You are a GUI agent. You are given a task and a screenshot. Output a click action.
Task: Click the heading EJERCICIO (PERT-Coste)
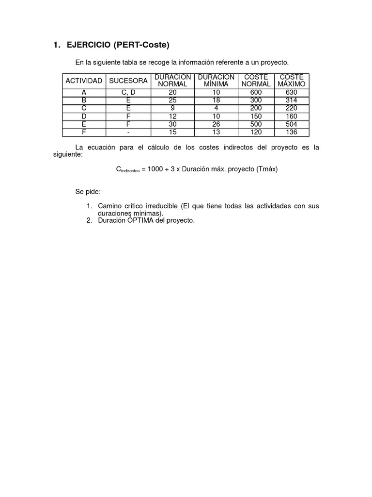tap(118, 46)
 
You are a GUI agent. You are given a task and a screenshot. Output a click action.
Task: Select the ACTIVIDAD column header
tap(84, 81)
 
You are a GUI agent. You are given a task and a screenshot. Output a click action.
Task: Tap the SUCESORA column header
tap(128, 81)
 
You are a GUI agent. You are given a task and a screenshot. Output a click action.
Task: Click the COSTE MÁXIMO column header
tap(292, 81)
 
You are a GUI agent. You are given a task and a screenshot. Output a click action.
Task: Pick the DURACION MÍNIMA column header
tap(216, 81)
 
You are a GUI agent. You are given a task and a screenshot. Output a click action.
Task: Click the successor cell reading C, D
tap(128, 92)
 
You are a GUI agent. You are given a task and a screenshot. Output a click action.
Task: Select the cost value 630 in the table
tap(292, 92)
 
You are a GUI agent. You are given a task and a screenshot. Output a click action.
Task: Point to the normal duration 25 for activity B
tap(173, 100)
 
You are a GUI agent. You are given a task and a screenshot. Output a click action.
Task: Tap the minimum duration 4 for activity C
tap(216, 108)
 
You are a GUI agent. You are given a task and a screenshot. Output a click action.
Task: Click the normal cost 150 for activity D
tap(256, 116)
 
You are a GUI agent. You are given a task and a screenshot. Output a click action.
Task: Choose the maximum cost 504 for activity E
tap(292, 124)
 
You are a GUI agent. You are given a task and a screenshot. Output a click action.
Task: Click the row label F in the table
tap(84, 132)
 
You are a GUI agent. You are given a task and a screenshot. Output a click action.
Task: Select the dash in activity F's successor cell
tap(128, 132)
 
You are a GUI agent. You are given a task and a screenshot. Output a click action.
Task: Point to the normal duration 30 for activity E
tap(173, 124)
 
